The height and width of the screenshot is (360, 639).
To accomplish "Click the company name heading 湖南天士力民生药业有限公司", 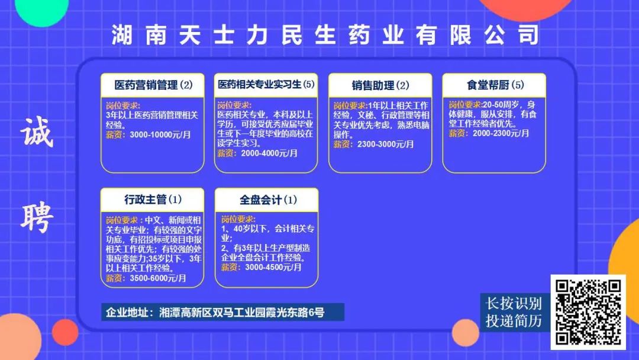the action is click(x=325, y=35).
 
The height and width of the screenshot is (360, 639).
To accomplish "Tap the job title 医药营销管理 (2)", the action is click(x=153, y=85).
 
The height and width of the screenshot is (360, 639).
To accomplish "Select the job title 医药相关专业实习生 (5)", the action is click(x=266, y=85).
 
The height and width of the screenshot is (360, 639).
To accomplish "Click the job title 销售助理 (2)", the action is click(x=380, y=85).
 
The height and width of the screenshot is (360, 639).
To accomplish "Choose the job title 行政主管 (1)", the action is click(x=153, y=200).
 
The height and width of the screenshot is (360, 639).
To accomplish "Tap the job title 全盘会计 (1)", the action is click(x=268, y=200).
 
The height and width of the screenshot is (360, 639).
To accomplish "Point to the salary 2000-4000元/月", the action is click(x=269, y=154).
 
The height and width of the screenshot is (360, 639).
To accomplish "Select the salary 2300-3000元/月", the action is click(x=386, y=144).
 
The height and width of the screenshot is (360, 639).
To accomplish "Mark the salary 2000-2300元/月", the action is click(x=501, y=133).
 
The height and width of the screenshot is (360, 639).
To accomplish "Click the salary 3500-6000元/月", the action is click(x=158, y=278).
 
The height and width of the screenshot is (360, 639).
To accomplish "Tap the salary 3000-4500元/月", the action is click(x=273, y=268).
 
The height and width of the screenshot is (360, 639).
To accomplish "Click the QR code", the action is click(x=588, y=312).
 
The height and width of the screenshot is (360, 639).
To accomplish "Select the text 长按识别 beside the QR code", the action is click(x=514, y=304).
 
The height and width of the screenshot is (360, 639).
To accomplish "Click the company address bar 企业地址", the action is click(x=222, y=312).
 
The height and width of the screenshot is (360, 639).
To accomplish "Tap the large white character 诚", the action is click(x=37, y=132).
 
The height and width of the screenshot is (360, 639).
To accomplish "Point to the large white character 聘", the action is click(x=37, y=218).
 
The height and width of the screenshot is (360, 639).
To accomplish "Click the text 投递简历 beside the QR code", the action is click(x=514, y=321).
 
